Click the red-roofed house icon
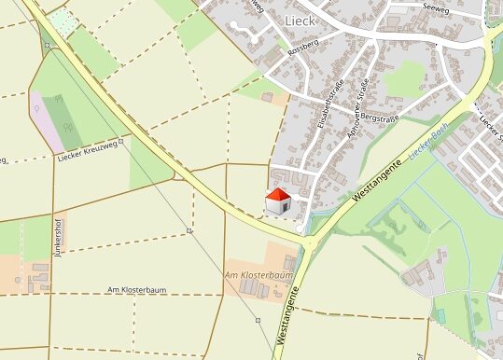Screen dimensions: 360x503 coord(278,201)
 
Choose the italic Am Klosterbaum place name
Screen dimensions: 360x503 coord(258,276)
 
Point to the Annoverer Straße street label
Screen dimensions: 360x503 coord(357,108)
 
